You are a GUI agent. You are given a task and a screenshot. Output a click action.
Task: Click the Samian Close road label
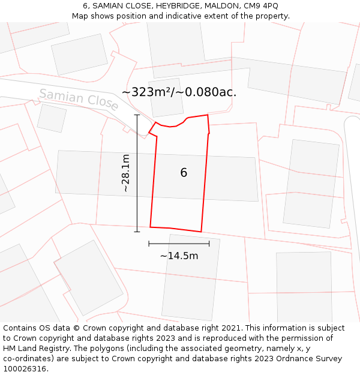[79, 99]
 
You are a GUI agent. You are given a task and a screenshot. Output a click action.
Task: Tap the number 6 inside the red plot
[184, 173]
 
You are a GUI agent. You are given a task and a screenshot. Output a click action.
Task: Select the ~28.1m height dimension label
[125, 173]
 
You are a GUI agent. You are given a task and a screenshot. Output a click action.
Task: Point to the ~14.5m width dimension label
[179, 256]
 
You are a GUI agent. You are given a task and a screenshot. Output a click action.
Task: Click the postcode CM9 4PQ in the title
[261, 6]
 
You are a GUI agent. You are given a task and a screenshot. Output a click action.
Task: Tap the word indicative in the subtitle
[187, 16]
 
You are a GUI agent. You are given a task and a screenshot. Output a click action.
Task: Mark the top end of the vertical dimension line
[137, 115]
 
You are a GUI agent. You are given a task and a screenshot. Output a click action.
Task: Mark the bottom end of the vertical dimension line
[137, 232]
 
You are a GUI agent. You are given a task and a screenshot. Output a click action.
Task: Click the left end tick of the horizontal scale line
[149, 244]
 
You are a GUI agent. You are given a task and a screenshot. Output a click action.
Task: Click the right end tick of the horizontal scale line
[209, 244]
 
